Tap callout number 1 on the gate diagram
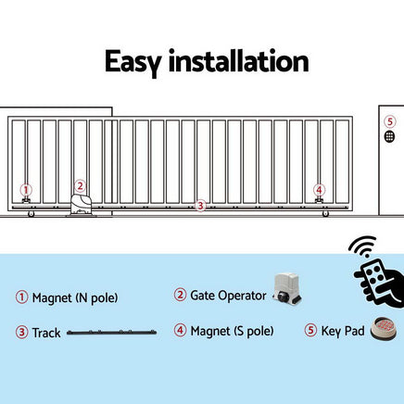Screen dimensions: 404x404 [x=26, y=188]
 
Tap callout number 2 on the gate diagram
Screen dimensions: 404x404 [x=81, y=185]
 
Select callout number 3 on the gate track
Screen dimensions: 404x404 [x=200, y=205]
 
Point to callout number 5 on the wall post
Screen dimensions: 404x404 [x=389, y=121]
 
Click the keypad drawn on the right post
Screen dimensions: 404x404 [x=389, y=136]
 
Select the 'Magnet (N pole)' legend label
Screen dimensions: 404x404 [x=75, y=297]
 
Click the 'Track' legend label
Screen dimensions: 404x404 [x=46, y=331]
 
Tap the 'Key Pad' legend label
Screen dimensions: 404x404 [x=342, y=330]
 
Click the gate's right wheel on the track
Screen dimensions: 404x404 [x=324, y=216]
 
